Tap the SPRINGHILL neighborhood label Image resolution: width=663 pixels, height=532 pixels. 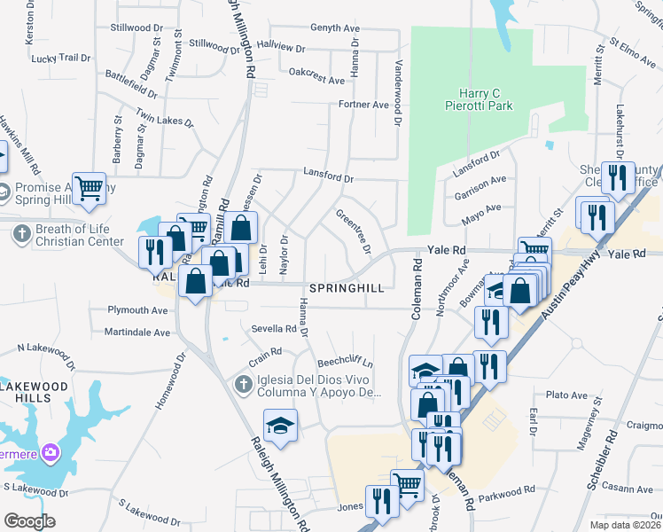point(347,289)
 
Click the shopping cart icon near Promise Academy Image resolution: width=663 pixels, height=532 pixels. point(90,188)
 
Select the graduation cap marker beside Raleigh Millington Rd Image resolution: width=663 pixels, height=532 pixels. point(280,426)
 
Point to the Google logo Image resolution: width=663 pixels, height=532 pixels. point(29,521)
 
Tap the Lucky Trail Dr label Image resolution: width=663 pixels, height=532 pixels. point(61,58)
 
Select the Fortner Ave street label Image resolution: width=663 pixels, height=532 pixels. point(364,105)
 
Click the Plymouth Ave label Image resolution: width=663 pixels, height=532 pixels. point(137,310)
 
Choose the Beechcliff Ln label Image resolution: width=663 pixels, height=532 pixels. point(345,364)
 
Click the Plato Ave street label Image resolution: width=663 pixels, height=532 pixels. point(568,395)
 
